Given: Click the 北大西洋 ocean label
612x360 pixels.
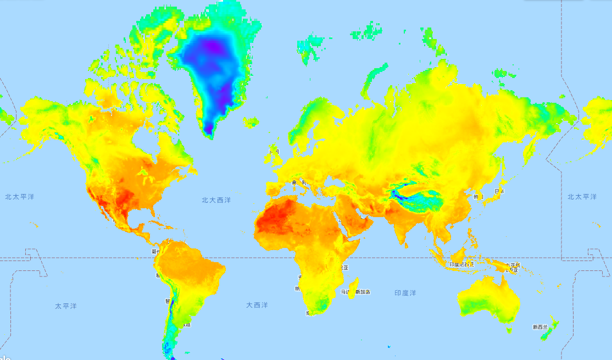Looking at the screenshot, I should [216, 201].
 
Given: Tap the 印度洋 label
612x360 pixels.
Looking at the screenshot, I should [405, 293].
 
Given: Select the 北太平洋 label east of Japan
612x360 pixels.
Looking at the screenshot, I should [582, 196].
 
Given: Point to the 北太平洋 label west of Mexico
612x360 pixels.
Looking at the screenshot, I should [19, 196].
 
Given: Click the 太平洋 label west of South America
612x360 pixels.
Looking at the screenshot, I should [65, 306].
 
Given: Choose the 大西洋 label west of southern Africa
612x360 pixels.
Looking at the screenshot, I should [257, 304].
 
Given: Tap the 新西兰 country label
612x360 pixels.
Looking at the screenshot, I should [540, 327].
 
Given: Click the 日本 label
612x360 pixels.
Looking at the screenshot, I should [499, 192].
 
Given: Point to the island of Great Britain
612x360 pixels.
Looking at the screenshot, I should [275, 157].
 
